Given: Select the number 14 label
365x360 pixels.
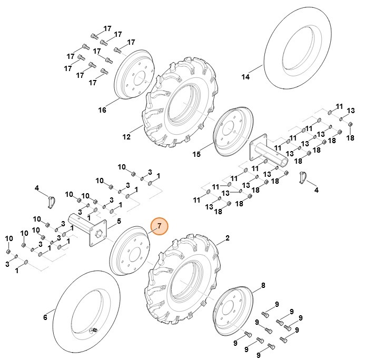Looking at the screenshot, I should (245, 77).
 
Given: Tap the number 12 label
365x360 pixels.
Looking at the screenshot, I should (126, 137).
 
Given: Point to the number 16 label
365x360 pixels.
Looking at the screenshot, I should (102, 110).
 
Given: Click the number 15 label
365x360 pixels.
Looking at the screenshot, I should (196, 154).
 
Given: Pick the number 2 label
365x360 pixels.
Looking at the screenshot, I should (228, 238).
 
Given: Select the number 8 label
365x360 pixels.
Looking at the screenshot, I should (262, 286).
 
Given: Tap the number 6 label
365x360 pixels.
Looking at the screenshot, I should (45, 317).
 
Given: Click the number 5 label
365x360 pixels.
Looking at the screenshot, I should (119, 221).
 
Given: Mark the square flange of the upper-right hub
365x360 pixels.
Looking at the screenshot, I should (259, 145).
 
